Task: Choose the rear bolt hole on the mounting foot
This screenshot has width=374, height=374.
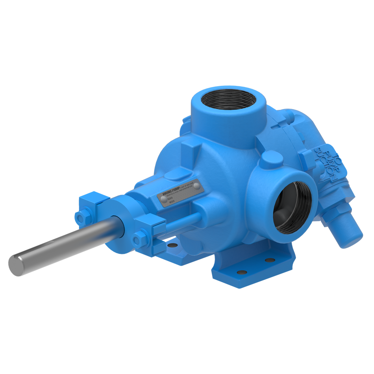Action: pos(270,260)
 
